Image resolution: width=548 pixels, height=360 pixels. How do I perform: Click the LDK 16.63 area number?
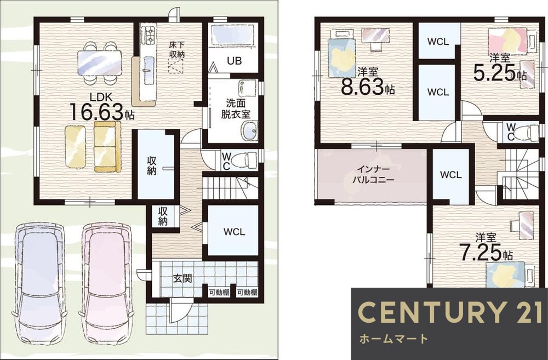(x=98, y=111)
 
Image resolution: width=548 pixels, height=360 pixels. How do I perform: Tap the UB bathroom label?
(x=234, y=61)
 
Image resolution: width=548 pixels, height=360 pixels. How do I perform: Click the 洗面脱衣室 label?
(x=236, y=108)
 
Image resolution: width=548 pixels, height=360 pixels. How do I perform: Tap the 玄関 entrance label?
(x=183, y=278)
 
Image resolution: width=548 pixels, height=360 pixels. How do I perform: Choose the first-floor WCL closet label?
(x=234, y=232)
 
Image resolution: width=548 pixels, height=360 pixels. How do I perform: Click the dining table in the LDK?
(x=100, y=63)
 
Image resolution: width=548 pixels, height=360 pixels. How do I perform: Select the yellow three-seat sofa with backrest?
(x=107, y=147)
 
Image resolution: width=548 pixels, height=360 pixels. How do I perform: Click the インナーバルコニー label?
(x=373, y=175)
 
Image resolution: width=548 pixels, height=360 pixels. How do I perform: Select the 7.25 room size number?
(x=481, y=253)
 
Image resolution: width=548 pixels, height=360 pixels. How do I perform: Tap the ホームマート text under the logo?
(x=393, y=338)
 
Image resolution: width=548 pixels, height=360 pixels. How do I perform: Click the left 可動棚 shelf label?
(x=219, y=292)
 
